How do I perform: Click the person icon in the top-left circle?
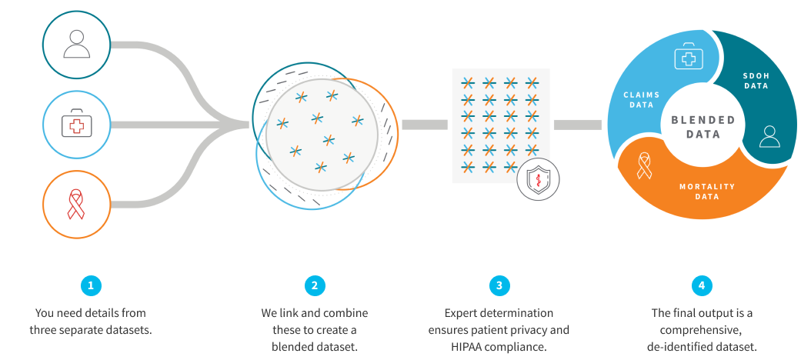(x=77, y=43)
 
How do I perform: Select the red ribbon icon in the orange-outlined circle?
(x=77, y=205)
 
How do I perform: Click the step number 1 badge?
(x=91, y=286)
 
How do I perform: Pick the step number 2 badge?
(x=314, y=286)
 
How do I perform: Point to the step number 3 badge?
(x=499, y=286)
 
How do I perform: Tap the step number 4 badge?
(x=701, y=286)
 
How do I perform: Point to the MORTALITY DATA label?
(x=707, y=192)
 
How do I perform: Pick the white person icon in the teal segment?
(x=769, y=137)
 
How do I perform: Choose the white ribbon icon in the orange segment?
(x=645, y=165)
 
